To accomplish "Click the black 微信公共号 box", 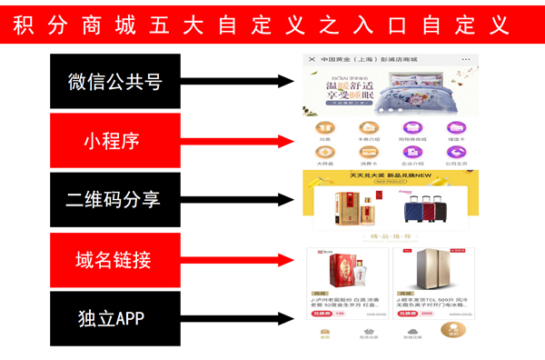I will point(114,81).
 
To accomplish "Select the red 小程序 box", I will point(114,140).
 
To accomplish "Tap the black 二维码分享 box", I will point(114,199).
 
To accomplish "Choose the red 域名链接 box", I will point(114,259).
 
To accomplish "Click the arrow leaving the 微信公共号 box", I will point(236,81).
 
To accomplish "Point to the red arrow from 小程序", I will point(236,140).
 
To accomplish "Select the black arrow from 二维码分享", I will point(236,199).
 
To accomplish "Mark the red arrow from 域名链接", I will point(236,259).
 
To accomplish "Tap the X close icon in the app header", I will point(312,60).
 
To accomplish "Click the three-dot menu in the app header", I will point(466,60).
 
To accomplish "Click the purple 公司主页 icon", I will point(455,152).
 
